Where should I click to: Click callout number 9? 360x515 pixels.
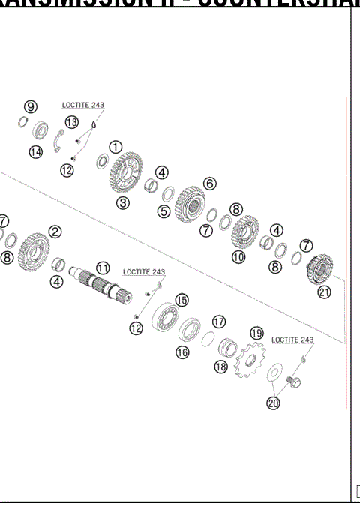pyautogui.click(x=30, y=106)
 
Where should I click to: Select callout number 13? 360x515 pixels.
pyautogui.click(x=71, y=121)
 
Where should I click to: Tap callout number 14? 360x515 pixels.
pyautogui.click(x=35, y=152)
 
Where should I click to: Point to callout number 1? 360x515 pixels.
pyautogui.click(x=116, y=147)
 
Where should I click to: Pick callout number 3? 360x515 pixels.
pyautogui.click(x=122, y=202)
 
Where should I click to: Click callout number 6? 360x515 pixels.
pyautogui.click(x=209, y=183)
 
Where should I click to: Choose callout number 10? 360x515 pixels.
pyautogui.click(x=238, y=257)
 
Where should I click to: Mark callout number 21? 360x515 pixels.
pyautogui.click(x=324, y=292)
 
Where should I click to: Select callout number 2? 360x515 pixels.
pyautogui.click(x=55, y=232)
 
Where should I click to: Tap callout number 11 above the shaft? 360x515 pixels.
pyautogui.click(x=103, y=267)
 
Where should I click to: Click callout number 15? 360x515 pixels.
pyautogui.click(x=181, y=300)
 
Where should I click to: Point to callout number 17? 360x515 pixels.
pyautogui.click(x=218, y=321)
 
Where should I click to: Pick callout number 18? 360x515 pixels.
pyautogui.click(x=220, y=367)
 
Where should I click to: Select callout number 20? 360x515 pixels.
pyautogui.click(x=272, y=403)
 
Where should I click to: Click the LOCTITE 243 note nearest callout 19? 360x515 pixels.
pyautogui.click(x=292, y=340)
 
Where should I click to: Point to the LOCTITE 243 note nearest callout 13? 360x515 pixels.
pyautogui.click(x=83, y=105)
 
